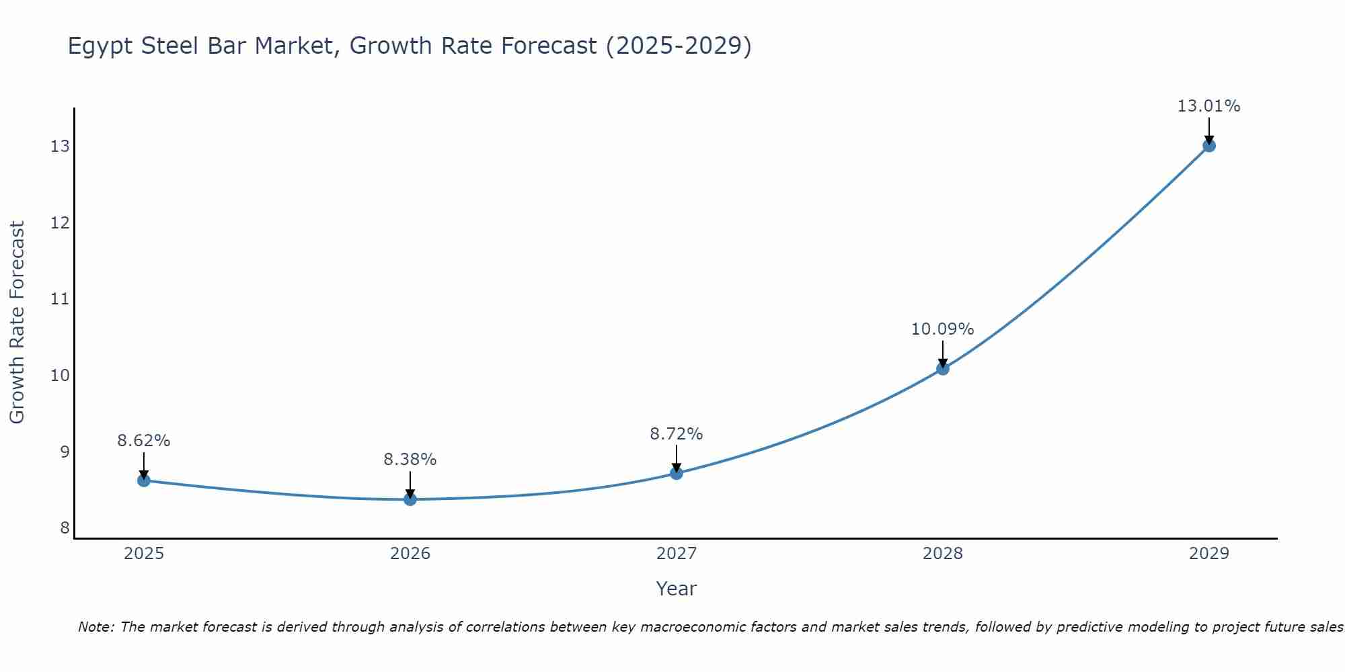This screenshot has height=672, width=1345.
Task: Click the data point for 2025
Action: coord(143,480)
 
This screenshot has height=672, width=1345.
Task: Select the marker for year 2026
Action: coord(410,499)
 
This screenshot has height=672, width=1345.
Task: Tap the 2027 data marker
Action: coord(677,473)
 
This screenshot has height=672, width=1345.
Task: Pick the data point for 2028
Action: coord(943,368)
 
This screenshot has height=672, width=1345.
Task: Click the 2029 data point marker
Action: coord(1208,145)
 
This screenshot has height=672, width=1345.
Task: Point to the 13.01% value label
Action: coord(1208,106)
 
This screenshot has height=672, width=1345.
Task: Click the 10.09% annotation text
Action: coord(942,329)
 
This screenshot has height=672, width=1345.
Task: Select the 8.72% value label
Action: coord(676,434)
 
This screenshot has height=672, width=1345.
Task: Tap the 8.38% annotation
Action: coord(410,460)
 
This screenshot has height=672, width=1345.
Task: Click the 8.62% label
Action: coord(143,441)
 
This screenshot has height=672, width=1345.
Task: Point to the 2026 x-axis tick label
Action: coord(410,554)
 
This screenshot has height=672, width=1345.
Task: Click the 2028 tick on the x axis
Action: coord(943,554)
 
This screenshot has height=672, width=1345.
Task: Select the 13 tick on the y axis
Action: coord(60,146)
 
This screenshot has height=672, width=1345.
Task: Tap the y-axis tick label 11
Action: coord(60,299)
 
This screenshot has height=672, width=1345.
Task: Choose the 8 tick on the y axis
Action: coord(65,528)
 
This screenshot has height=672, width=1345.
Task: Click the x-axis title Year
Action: coord(676,589)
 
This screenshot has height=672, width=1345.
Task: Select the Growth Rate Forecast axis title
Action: coord(17,323)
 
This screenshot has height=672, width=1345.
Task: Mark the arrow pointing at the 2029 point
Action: coord(1208,130)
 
